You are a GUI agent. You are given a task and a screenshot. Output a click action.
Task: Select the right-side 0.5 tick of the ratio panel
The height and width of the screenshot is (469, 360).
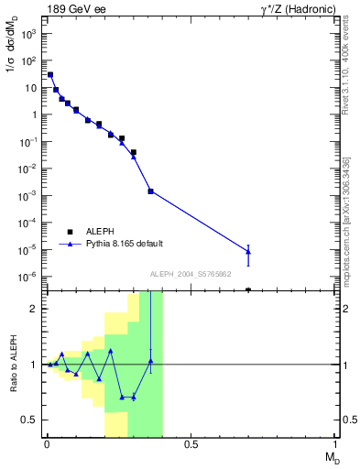point(344,420)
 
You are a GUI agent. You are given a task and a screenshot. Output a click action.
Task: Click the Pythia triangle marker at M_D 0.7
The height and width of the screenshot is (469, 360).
point(248,251)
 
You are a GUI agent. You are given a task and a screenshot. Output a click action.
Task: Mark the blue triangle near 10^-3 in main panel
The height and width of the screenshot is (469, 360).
point(150,191)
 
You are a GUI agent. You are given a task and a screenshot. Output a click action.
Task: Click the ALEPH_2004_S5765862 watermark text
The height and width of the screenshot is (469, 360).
point(191,274)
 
